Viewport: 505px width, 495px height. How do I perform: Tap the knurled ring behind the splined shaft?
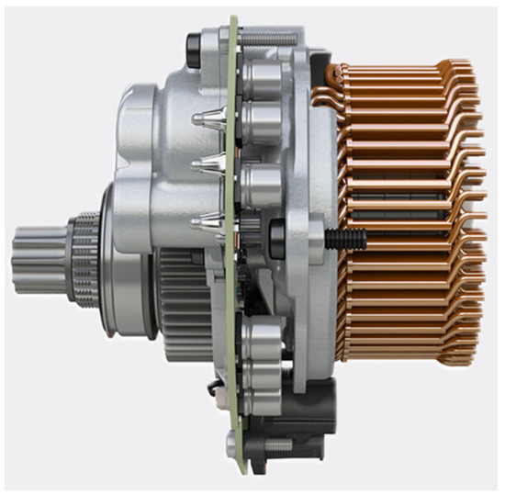click(84, 253)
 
